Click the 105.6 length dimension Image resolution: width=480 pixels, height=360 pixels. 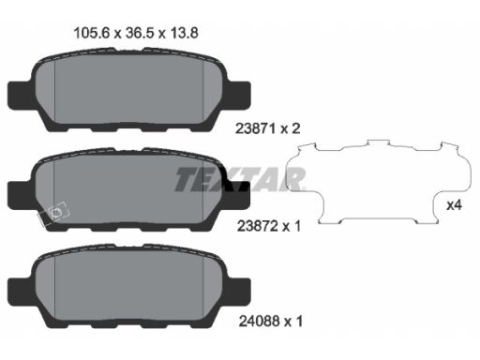92,33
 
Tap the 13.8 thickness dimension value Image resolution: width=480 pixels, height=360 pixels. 184,33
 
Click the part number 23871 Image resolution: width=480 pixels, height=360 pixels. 255,128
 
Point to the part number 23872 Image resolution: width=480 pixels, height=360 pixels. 258,226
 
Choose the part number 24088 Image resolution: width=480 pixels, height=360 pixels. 259,322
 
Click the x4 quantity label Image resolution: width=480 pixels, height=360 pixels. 454,205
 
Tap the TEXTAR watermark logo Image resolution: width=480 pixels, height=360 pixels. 240,179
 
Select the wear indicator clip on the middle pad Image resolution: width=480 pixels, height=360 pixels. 53,214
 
